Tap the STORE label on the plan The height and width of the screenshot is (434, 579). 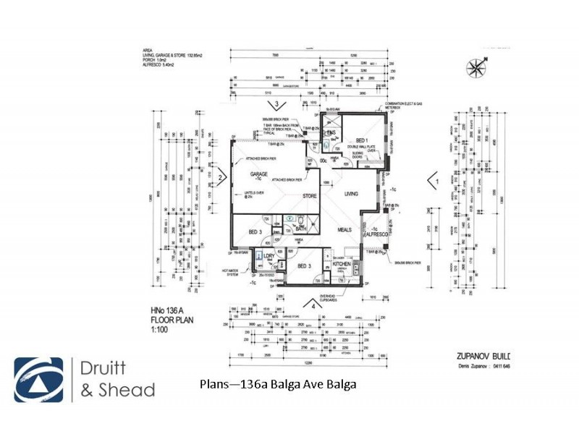pyautogui.click(x=309, y=195)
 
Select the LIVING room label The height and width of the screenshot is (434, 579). pyautogui.click(x=352, y=194)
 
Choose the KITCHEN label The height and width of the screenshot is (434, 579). pyautogui.click(x=342, y=265)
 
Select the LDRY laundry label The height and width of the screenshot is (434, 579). pyautogui.click(x=269, y=257)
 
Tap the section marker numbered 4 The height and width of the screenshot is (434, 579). pyautogui.click(x=313, y=305)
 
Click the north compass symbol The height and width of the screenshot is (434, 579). pyautogui.click(x=476, y=69)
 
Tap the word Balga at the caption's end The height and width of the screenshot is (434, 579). pyautogui.click(x=342, y=385)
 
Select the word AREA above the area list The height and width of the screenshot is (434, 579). pyautogui.click(x=147, y=51)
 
